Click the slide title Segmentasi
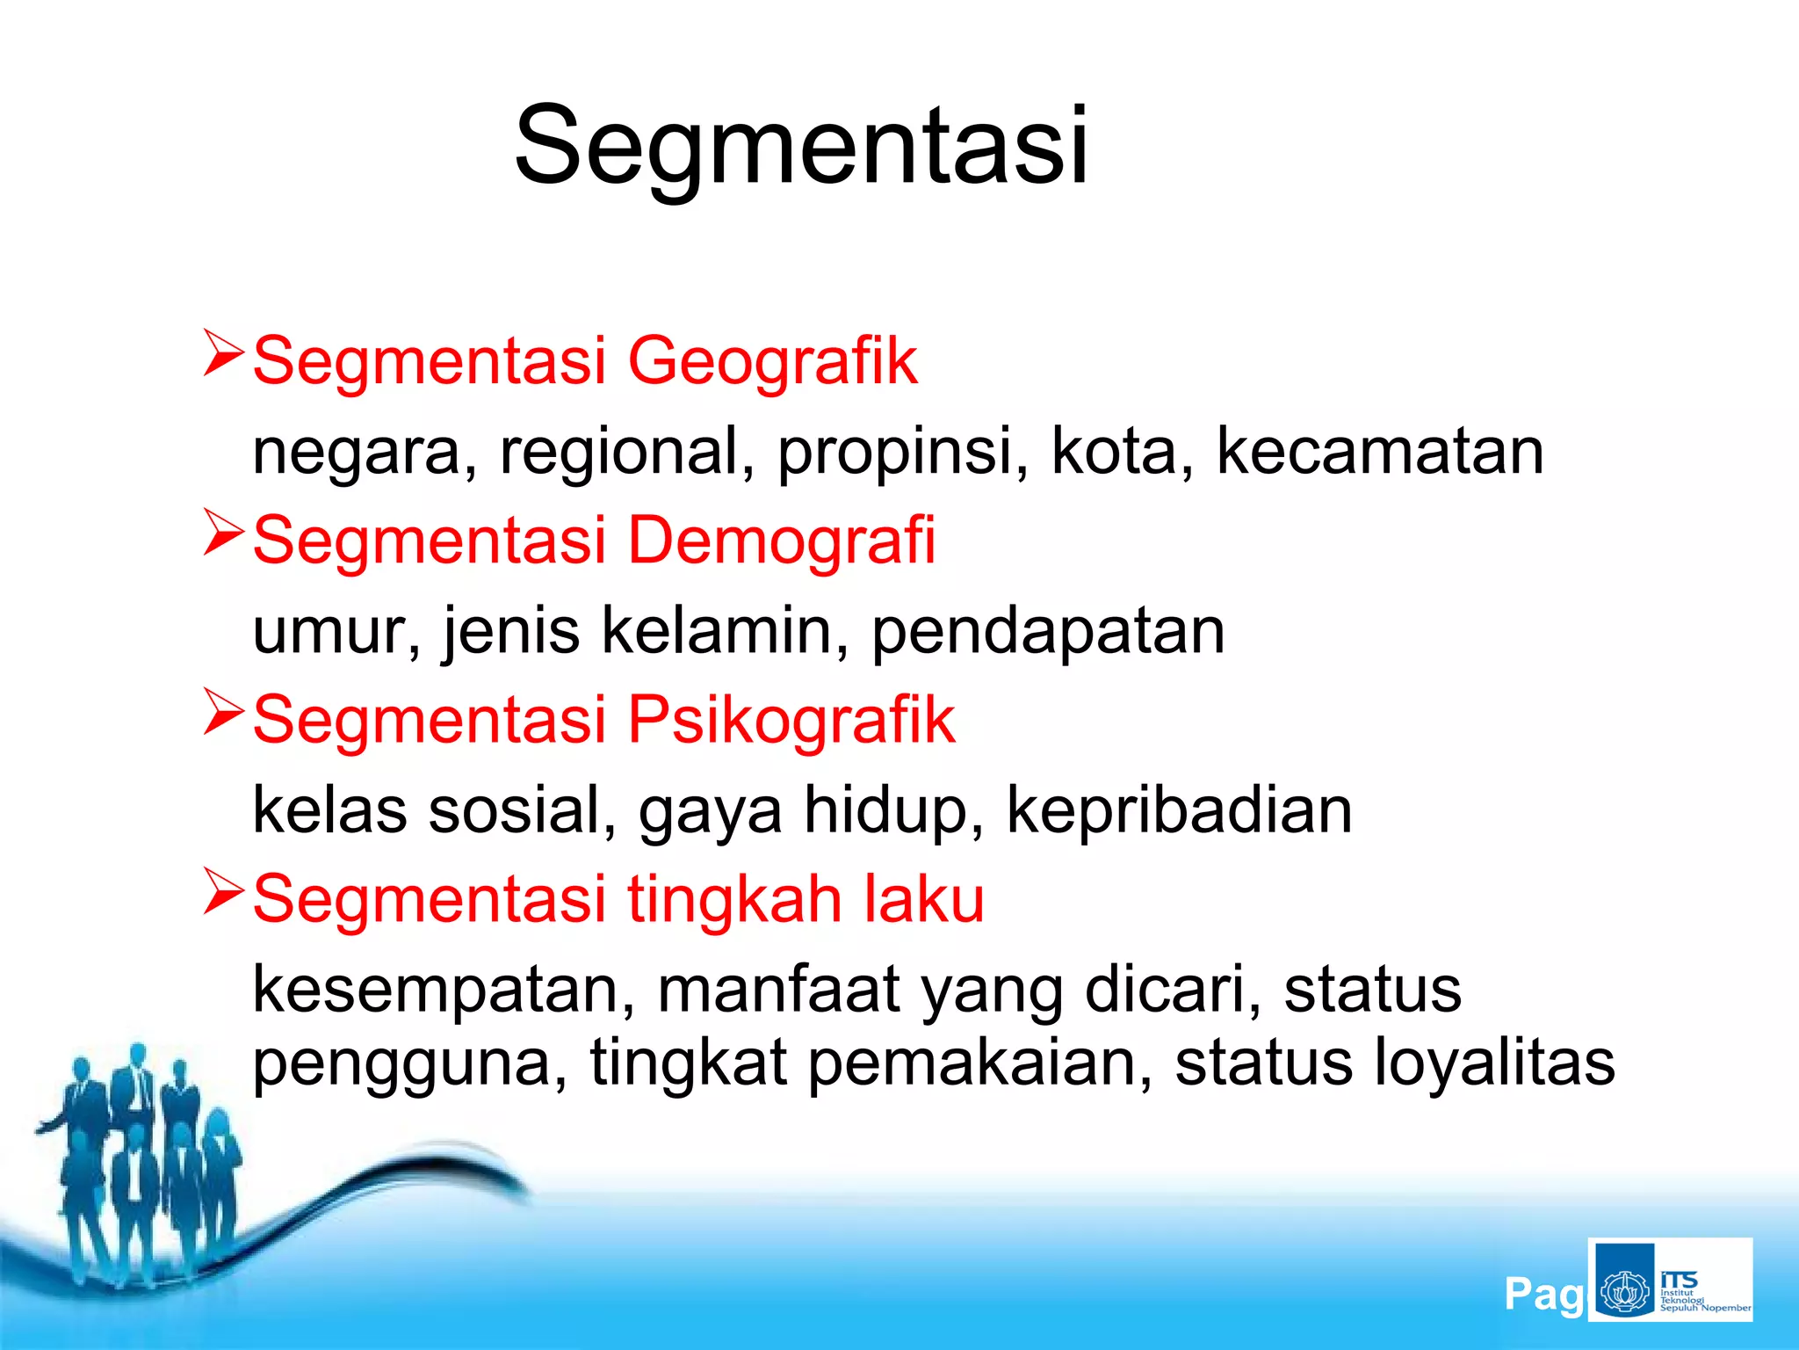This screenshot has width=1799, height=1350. [x=801, y=145]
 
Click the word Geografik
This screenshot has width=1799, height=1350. [x=773, y=360]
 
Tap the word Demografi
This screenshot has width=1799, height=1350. [x=782, y=540]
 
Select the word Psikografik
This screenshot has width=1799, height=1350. [x=791, y=719]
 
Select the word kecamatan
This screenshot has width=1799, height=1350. [x=1379, y=452]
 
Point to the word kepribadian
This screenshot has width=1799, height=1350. [x=1179, y=810]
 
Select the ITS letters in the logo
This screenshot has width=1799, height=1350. [x=1679, y=1280]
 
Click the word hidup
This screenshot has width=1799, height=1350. [x=893, y=810]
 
